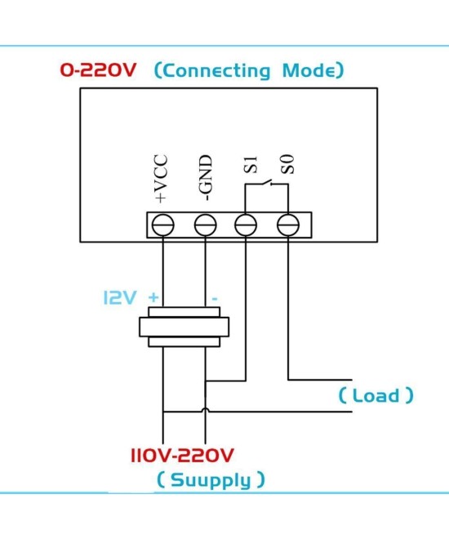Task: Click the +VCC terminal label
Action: click(x=162, y=177)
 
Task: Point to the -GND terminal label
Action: click(x=206, y=177)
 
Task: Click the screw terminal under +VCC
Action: click(x=163, y=225)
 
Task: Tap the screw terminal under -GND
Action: click(x=205, y=225)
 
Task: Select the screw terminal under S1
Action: click(x=247, y=225)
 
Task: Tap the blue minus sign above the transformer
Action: click(x=214, y=299)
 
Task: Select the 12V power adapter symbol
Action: click(x=184, y=327)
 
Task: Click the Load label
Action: click(x=376, y=396)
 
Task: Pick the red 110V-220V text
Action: click(x=183, y=454)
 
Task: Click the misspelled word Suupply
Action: click(x=211, y=479)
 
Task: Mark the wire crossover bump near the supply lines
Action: click(x=205, y=412)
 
